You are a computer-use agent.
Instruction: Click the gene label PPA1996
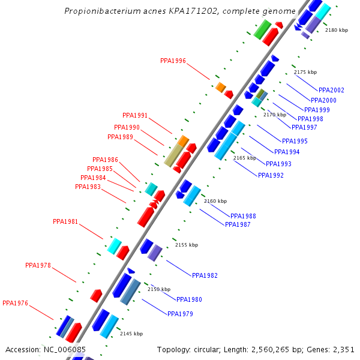coord(173,61)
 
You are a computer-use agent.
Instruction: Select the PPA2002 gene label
coord(331,90)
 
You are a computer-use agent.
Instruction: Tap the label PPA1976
coord(15,303)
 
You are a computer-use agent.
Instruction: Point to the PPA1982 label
coord(205,275)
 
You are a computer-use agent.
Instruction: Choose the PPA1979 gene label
coord(180,314)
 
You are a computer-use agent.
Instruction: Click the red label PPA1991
coord(135,115)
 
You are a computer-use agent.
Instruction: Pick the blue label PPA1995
coord(295,141)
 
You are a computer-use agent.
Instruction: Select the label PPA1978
coord(38,265)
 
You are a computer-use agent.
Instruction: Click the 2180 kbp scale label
coord(336,30)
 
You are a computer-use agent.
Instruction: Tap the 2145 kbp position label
coord(131,334)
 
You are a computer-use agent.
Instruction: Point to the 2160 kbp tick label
coord(215,201)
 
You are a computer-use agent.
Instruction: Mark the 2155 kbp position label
coord(186,245)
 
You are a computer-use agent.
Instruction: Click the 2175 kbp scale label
coord(305,72)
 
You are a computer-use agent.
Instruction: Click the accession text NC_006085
coord(64,349)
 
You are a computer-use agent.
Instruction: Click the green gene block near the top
coord(262,29)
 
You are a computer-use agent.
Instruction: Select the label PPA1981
coord(65,221)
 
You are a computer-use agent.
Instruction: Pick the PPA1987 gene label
coord(238,224)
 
